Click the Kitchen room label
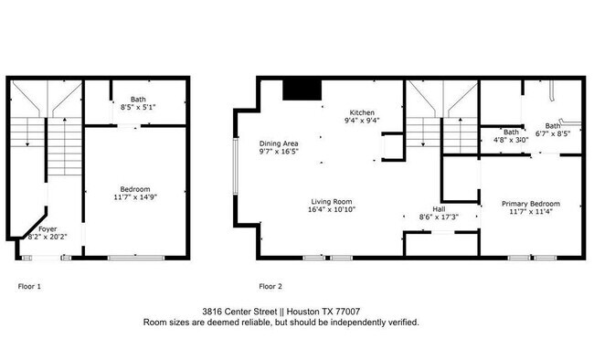tap(362, 112)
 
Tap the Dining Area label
tap(279, 143)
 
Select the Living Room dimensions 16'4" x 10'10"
tap(332, 209)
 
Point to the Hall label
tap(439, 209)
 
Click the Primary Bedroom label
tap(531, 204)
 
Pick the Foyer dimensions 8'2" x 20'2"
tap(48, 237)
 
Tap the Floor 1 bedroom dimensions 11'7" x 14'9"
tap(135, 197)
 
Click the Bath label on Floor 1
tap(138, 100)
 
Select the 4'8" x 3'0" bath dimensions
tap(511, 140)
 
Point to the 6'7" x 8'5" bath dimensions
tap(553, 133)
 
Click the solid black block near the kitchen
tap(302, 90)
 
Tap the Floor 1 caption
tap(29, 287)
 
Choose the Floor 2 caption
tap(270, 287)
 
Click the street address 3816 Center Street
tap(239, 312)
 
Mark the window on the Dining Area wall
tap(235, 166)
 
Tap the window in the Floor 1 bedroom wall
tap(136, 258)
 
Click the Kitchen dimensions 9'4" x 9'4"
tap(362, 121)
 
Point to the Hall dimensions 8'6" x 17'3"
tap(439, 217)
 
